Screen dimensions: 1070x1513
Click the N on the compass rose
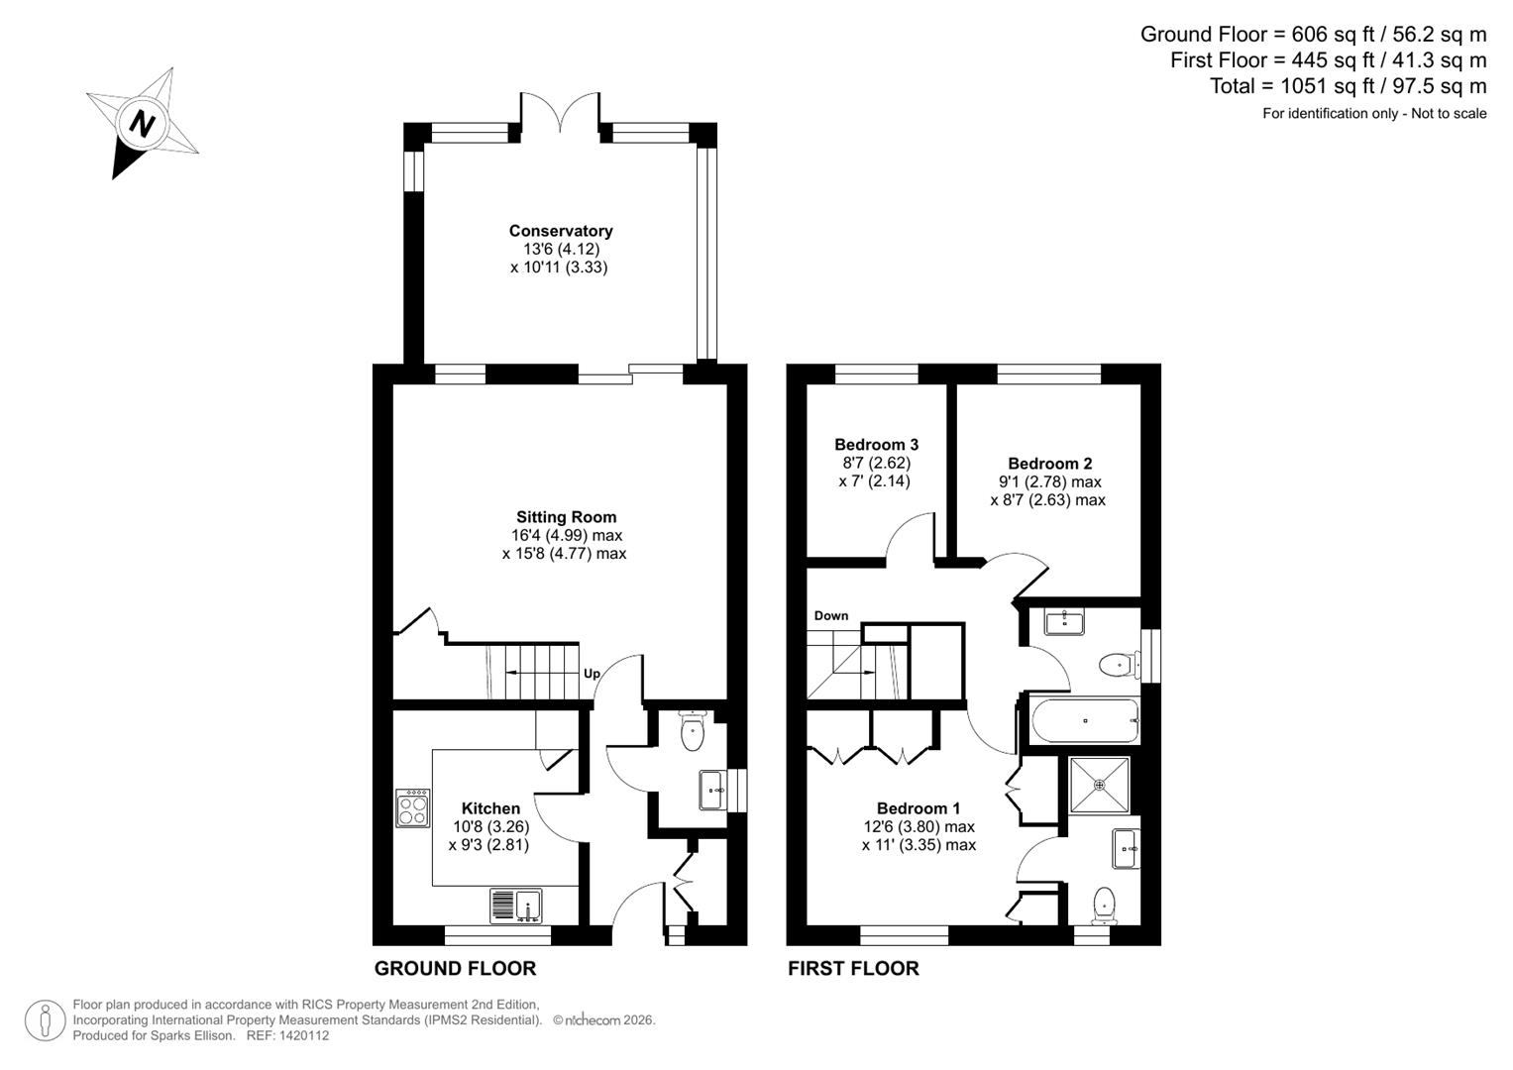pyautogui.click(x=143, y=124)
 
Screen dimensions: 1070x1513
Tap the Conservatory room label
pyautogui.click(x=561, y=231)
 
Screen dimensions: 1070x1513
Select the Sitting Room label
pyautogui.click(x=566, y=516)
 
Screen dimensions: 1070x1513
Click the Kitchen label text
pyautogui.click(x=490, y=808)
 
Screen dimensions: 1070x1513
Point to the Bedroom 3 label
pyautogui.click(x=876, y=445)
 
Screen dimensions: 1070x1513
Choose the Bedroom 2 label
pyautogui.click(x=1049, y=464)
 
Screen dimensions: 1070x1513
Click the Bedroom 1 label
pyautogui.click(x=918, y=808)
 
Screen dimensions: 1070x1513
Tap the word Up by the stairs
pyautogui.click(x=592, y=674)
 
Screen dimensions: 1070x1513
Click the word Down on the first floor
pyautogui.click(x=831, y=615)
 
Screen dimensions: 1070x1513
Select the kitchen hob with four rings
pyautogui.click(x=412, y=807)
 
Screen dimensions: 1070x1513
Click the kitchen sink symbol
pyautogui.click(x=516, y=906)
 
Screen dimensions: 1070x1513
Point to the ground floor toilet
pyautogui.click(x=692, y=731)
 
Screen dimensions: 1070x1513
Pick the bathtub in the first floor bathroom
pyautogui.click(x=1085, y=721)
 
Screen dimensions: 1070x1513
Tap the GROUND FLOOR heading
pyautogui.click(x=455, y=968)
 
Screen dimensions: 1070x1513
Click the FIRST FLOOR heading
pyautogui.click(x=853, y=968)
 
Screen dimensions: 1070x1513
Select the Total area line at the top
pyautogui.click(x=1348, y=86)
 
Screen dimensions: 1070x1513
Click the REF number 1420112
pyautogui.click(x=305, y=1035)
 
